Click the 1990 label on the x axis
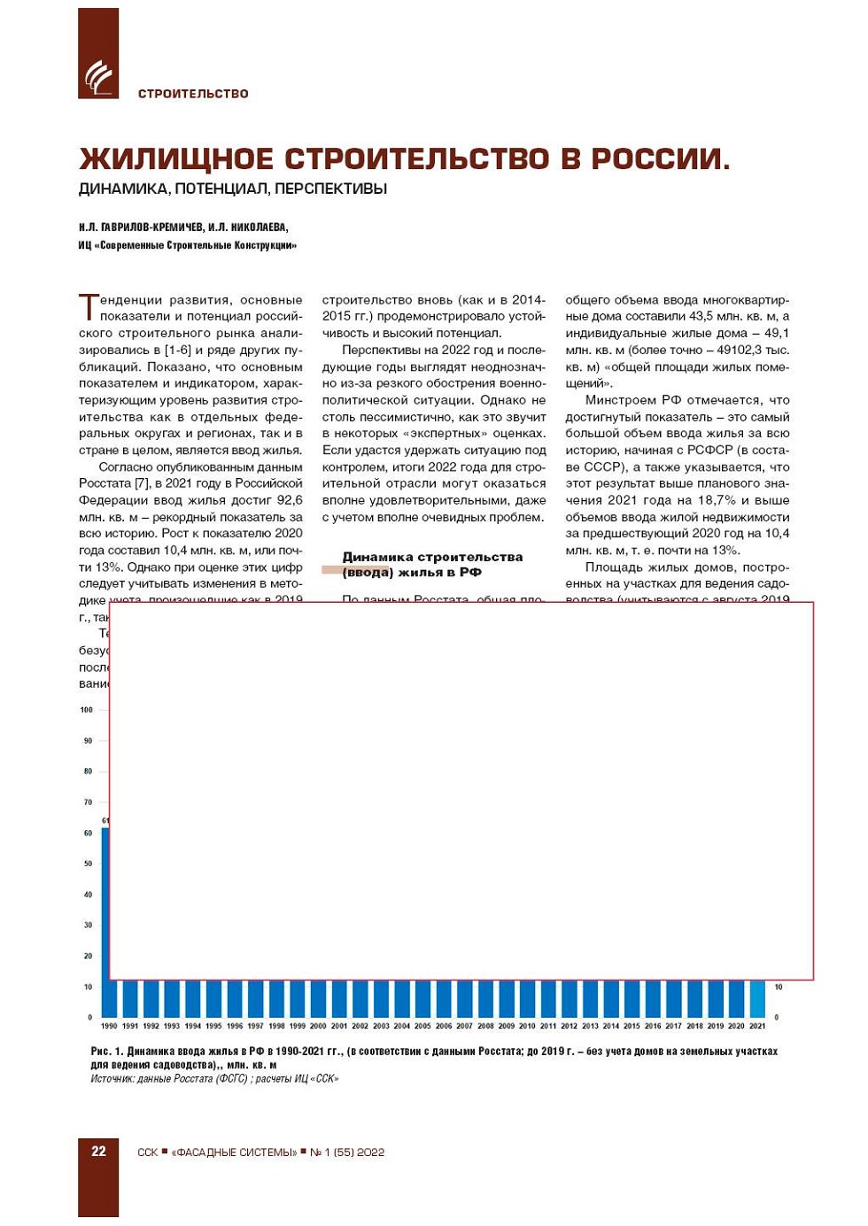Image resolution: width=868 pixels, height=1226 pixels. click(109, 1026)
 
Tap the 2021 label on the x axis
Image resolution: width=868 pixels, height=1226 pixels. click(757, 1026)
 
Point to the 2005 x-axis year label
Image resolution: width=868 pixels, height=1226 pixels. click(422, 1026)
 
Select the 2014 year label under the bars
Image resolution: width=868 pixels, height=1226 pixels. click(611, 1026)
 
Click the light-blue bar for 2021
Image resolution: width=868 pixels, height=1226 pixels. click(757, 999)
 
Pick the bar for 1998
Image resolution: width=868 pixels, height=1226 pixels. click(277, 999)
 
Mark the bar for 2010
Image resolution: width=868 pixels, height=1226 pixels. click(527, 999)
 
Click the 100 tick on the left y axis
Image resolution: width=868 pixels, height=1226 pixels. click(87, 710)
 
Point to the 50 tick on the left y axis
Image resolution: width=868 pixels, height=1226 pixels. click(88, 864)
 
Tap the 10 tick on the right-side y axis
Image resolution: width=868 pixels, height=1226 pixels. click(779, 987)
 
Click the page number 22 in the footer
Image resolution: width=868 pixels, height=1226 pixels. click(98, 1151)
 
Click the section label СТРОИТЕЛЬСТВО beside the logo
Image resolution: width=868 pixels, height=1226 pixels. click(193, 94)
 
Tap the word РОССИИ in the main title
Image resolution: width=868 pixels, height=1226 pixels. click(660, 159)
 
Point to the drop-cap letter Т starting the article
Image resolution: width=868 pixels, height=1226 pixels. click(89, 306)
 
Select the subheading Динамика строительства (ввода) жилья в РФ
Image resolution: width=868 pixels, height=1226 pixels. click(432, 564)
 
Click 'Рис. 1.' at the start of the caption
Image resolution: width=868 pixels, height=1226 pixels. click(107, 1052)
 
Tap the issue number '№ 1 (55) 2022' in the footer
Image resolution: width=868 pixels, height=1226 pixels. click(347, 1153)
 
